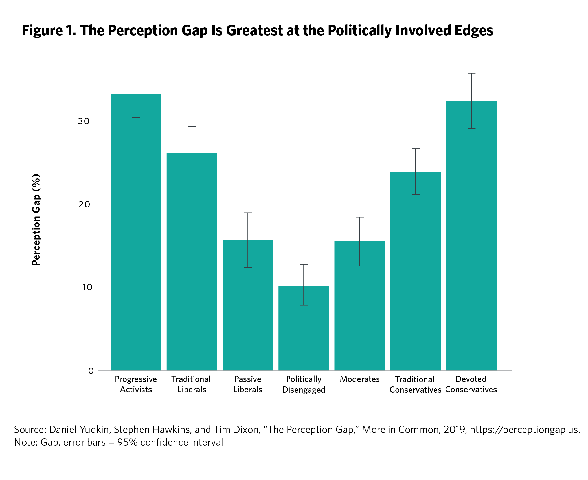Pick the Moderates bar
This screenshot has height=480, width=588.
coord(359,306)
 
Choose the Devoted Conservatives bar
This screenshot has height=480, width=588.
coord(471,235)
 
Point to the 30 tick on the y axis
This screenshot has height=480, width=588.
coord(84,121)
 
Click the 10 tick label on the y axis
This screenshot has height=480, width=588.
coord(87,287)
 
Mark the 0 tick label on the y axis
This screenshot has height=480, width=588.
coord(91,371)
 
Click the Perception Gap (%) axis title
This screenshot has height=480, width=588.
coord(36,220)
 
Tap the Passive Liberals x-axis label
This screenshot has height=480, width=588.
coord(248,384)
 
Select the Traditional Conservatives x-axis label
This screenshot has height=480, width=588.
coord(415,384)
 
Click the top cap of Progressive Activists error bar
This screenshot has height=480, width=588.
coord(136,68)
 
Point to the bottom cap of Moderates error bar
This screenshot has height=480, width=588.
coord(359,266)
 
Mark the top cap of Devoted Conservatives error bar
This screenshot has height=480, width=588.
coord(471,73)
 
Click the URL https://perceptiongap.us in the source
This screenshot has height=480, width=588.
coord(525,430)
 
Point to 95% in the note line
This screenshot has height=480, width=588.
coord(127,442)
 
